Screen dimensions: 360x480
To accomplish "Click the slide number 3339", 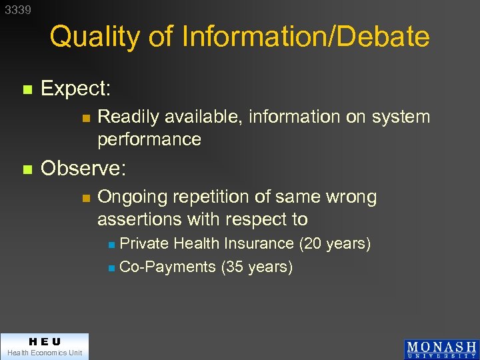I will (18, 10).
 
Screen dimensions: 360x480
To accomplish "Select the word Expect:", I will (75, 88).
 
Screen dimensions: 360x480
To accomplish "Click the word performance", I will (149, 139).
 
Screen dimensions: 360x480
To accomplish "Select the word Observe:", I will (83, 169).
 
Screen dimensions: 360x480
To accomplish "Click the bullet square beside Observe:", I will (27, 169).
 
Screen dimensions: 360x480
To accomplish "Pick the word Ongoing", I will (133, 197).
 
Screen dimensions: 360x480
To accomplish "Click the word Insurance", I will (260, 244).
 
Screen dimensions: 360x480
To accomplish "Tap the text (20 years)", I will (335, 244).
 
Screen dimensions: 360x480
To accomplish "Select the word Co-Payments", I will (167, 267).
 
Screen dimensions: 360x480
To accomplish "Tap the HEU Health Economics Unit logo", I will (44, 346).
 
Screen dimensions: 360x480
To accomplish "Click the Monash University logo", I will (441, 349).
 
